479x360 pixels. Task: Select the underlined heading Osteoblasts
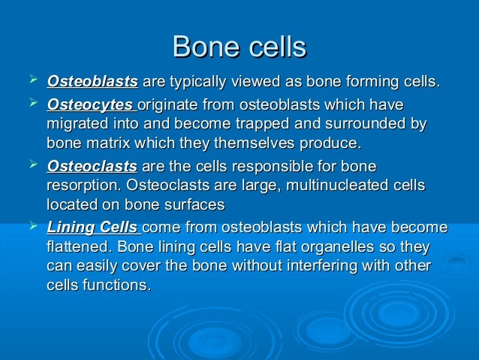point(92,80)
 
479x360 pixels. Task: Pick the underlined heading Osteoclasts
point(92,166)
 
